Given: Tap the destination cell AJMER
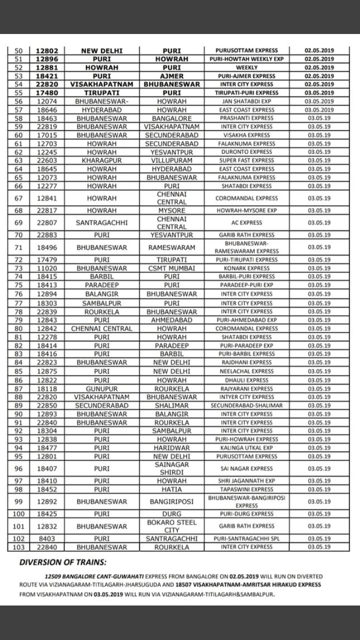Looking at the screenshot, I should tap(171, 76).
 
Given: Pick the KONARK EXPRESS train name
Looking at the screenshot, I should tap(245, 268).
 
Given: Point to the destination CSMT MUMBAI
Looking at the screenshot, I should tap(171, 268).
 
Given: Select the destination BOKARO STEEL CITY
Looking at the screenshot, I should tap(171, 526).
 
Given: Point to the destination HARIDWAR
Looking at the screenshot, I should tap(171, 448).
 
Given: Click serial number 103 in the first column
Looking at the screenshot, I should tap(19, 547).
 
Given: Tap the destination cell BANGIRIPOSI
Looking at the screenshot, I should tap(171, 502).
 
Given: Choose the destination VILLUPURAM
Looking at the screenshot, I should tap(171, 160).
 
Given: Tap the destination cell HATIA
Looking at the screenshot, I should tap(171, 489).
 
